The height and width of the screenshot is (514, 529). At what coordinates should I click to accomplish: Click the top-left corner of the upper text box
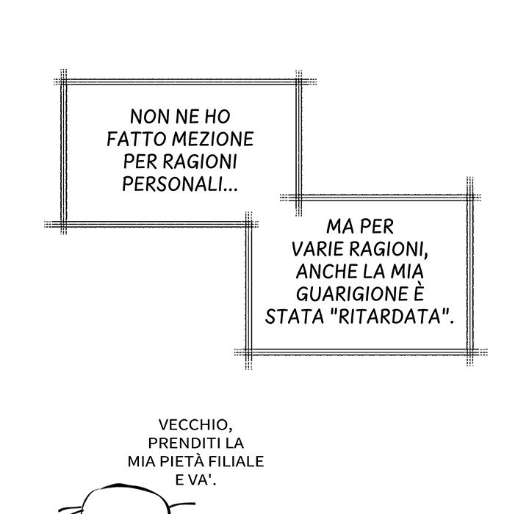(x=64, y=82)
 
